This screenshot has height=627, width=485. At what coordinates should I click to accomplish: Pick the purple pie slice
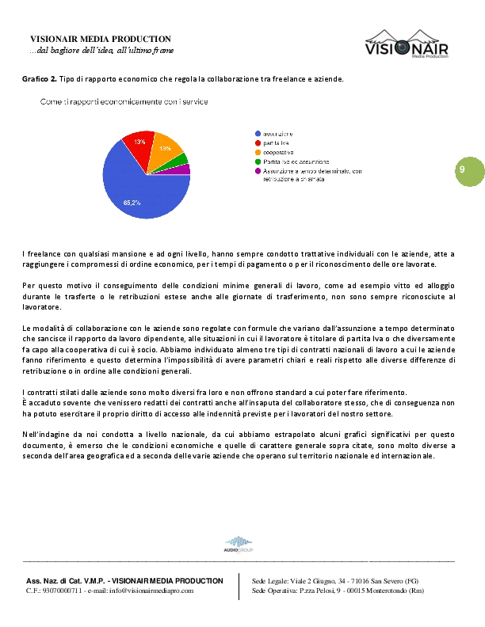tap(184, 169)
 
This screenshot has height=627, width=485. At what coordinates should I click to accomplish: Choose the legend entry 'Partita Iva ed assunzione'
tap(296, 161)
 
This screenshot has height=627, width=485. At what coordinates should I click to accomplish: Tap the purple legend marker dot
tap(258, 170)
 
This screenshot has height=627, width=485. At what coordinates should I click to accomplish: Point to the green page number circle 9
tap(461, 171)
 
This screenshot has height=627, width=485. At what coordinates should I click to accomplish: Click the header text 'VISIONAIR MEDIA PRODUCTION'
tap(101, 39)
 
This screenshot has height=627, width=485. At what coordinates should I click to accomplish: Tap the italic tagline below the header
tap(101, 50)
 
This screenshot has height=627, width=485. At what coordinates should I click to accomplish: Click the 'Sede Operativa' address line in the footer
tap(338, 591)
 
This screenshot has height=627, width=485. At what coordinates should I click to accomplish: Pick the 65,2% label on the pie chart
tap(132, 203)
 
